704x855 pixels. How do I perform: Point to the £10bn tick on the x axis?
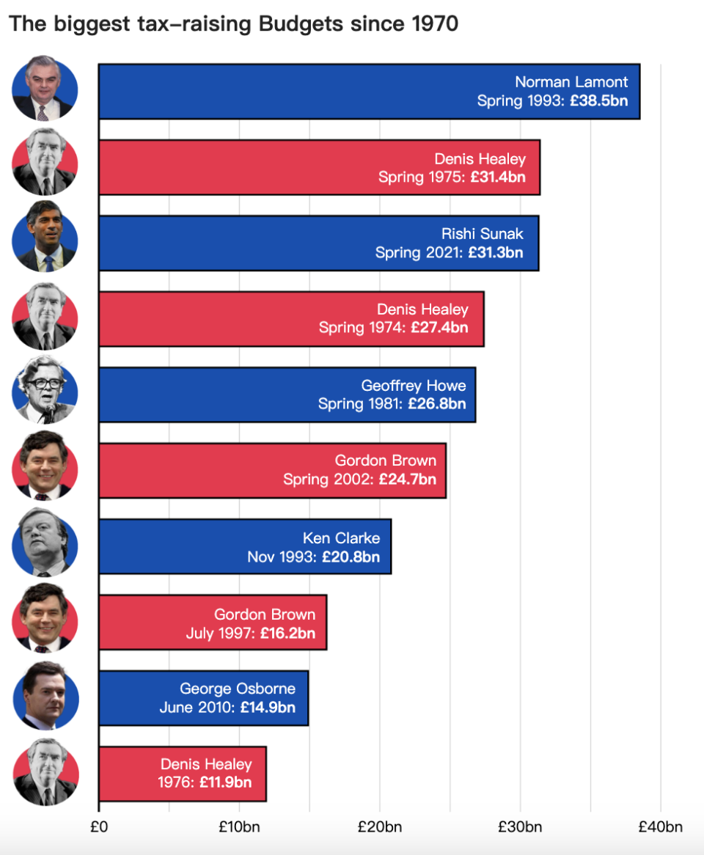pyautogui.click(x=239, y=827)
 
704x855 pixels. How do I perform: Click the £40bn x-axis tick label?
pyautogui.click(x=660, y=827)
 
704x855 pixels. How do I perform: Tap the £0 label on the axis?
pyautogui.click(x=99, y=827)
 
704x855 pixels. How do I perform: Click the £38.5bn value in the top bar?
pyautogui.click(x=599, y=101)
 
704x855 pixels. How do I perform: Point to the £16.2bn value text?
pyautogui.click(x=287, y=632)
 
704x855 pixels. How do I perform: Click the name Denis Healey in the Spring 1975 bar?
pyautogui.click(x=480, y=158)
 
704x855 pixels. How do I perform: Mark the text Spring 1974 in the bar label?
pyautogui.click(x=362, y=329)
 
